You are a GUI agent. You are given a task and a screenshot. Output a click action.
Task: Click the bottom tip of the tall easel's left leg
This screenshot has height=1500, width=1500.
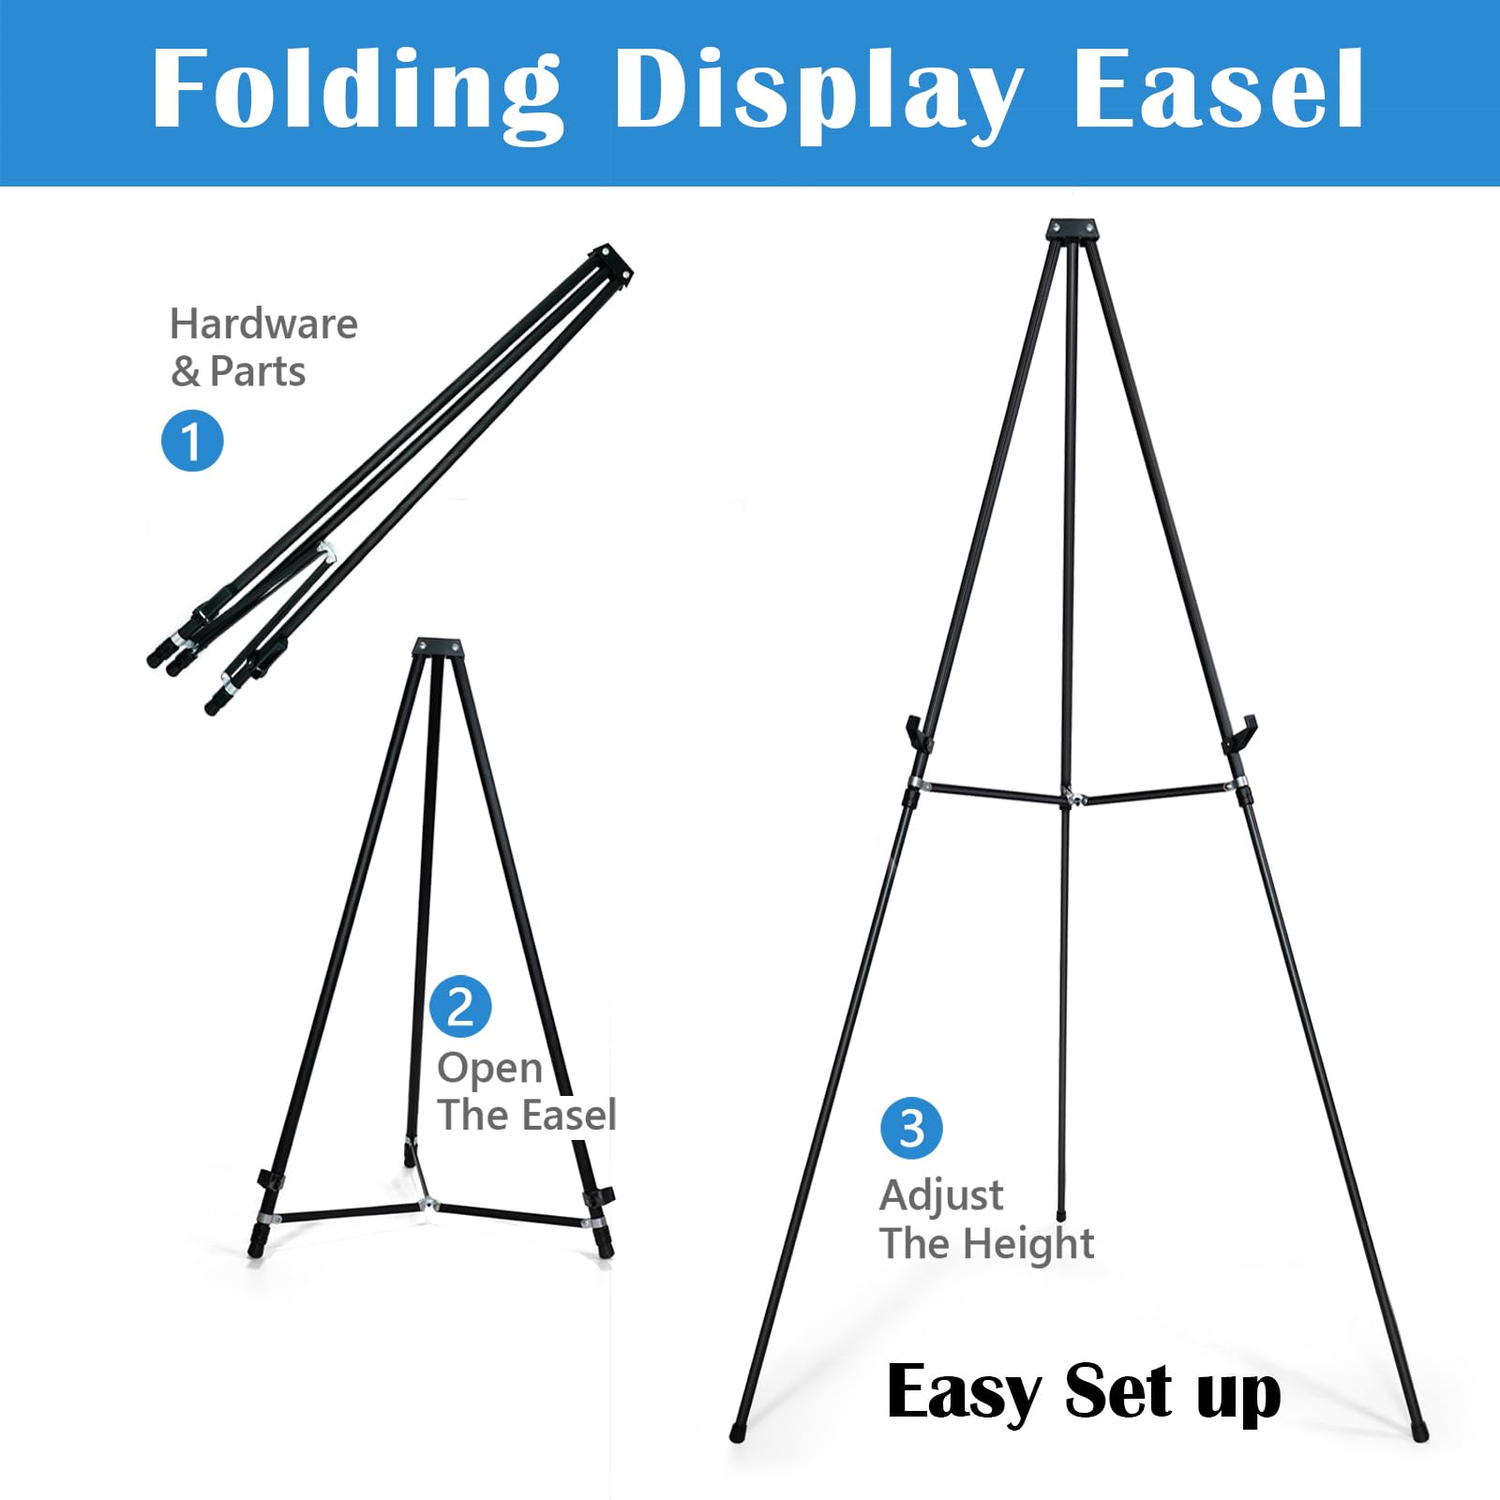(736, 1434)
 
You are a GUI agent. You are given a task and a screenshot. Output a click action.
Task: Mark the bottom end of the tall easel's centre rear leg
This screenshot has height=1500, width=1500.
(1061, 1216)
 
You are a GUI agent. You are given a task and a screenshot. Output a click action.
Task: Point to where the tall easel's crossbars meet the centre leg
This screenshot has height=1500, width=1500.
(1069, 798)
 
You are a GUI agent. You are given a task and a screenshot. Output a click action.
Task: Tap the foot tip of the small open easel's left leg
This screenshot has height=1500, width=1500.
(254, 1251)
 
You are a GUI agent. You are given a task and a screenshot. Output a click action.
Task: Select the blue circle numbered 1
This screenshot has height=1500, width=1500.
(192, 440)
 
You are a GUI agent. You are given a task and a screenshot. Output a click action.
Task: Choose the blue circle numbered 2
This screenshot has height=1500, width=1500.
(460, 1006)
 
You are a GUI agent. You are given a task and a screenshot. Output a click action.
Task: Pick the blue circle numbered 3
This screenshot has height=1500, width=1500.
(911, 1128)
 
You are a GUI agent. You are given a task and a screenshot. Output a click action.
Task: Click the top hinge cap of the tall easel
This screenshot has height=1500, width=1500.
(1072, 231)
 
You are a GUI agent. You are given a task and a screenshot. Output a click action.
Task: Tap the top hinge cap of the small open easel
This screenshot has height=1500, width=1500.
(438, 647)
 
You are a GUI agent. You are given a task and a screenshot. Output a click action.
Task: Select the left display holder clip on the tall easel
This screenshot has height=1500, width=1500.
(918, 733)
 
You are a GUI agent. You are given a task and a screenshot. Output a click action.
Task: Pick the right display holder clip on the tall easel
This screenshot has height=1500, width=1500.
(1240, 733)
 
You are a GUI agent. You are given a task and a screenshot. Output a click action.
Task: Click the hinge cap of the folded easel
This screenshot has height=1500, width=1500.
(610, 262)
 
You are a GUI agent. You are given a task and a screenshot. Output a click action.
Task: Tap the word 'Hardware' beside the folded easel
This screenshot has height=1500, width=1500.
(263, 324)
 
